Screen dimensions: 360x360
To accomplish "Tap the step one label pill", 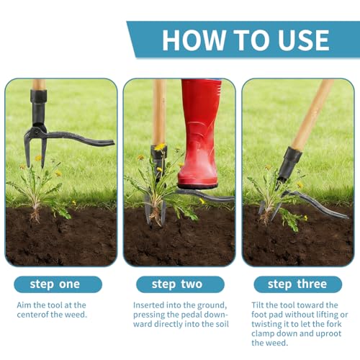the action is tap(58, 284).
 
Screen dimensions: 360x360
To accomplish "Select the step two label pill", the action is tap(180, 284).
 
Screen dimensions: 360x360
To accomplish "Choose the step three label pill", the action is tap(297, 284).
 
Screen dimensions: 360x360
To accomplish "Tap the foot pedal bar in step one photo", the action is tap(81, 139).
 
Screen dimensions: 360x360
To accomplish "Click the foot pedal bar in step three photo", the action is tap(317, 204).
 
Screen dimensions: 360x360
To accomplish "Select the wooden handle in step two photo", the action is tap(159, 112).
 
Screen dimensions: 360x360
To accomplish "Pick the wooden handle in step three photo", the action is tap(312, 114).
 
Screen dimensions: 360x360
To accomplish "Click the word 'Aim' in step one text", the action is tap(24, 305).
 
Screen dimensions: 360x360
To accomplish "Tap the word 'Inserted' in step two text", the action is tap(148, 305).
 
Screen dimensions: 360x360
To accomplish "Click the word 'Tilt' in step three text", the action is tap(258, 305).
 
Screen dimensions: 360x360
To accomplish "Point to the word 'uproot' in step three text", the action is tap(328, 334).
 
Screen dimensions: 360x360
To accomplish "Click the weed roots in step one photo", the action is tap(35, 215).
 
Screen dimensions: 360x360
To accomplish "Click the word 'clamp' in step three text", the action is tap(262, 334).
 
